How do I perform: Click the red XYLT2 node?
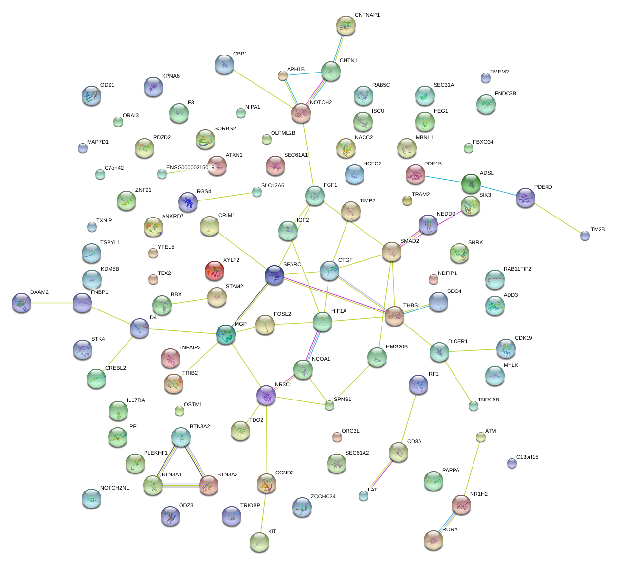click(x=215, y=271)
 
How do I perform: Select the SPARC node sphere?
click(x=274, y=275)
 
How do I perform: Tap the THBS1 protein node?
click(x=395, y=316)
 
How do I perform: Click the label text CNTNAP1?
click(x=367, y=15)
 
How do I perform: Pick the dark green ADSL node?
click(x=471, y=183)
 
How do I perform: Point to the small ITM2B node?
click(x=585, y=236)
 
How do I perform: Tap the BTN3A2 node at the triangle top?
click(x=181, y=437)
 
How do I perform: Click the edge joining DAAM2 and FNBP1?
click(x=52, y=303)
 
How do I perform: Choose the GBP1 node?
click(x=224, y=64)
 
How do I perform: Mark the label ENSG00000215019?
click(x=190, y=168)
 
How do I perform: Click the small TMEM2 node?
click(x=485, y=77)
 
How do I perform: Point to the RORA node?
click(x=433, y=539)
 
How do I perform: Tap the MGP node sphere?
click(x=226, y=334)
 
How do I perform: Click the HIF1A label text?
click(x=339, y=311)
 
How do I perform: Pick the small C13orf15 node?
click(x=511, y=463)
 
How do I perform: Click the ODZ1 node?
click(x=91, y=95)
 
